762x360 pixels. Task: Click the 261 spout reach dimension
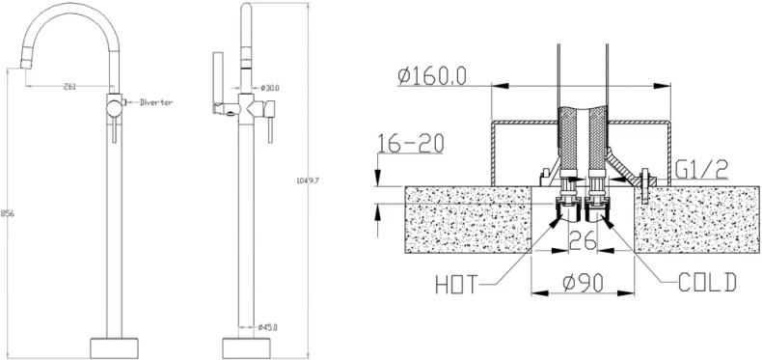[70, 88]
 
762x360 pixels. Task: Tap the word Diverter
[155, 101]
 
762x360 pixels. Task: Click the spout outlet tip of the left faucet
[23, 66]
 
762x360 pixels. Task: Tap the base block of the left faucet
[115, 346]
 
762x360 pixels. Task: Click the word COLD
[706, 282]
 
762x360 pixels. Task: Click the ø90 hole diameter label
[583, 283]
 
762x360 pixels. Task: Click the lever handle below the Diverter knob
[115, 125]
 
